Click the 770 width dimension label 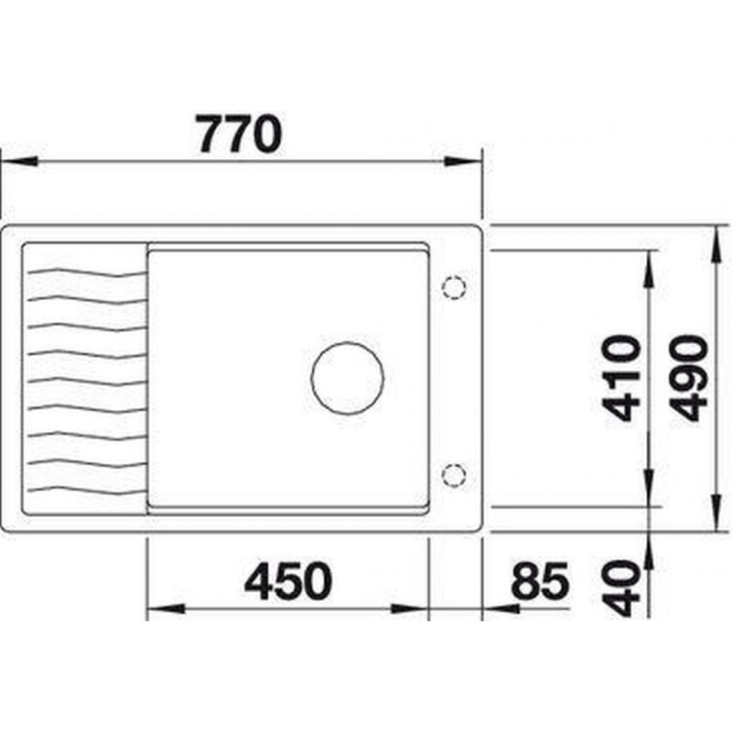click(240, 134)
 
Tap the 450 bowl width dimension click(288, 582)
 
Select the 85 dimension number click(540, 582)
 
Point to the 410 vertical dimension click(620, 378)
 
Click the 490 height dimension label click(690, 378)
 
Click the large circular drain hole click(348, 378)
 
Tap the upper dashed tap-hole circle click(454, 286)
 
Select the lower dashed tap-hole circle click(454, 476)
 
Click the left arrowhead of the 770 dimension click(18, 162)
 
